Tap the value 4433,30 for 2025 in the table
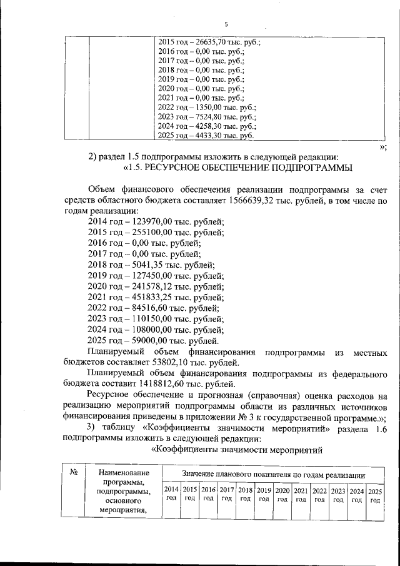click(206, 135)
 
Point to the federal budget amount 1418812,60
click(142, 385)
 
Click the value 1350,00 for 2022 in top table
click(206, 107)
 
